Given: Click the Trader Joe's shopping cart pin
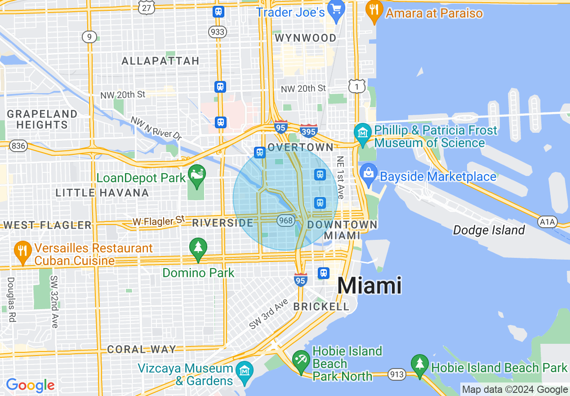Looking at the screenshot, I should click(x=336, y=10).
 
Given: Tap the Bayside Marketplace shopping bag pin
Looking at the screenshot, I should click(x=368, y=175).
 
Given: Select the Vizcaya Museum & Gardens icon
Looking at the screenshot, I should click(x=245, y=372).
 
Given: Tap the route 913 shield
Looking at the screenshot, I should click(x=398, y=374).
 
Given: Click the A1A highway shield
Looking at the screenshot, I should click(x=547, y=221).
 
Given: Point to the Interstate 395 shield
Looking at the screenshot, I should click(x=309, y=131).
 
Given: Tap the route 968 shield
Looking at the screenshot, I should click(x=286, y=220).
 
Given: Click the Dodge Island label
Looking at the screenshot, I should click(x=489, y=230).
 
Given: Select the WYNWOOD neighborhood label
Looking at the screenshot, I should click(x=305, y=38).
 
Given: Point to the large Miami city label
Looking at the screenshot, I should click(x=369, y=285).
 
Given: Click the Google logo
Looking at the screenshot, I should click(x=30, y=385).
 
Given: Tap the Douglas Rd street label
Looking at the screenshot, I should click(x=11, y=299).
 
